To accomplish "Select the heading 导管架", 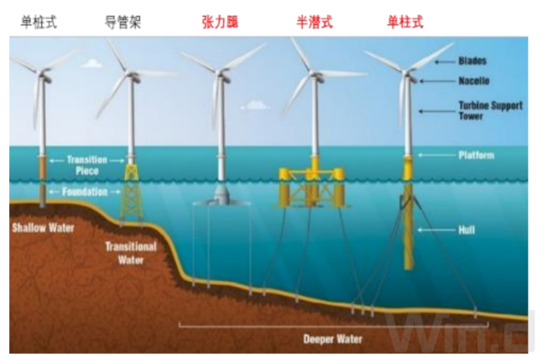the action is tap(123, 22).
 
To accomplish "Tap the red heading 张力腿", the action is tap(220, 22).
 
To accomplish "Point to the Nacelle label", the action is tap(475, 80).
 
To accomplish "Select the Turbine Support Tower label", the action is tap(490, 111).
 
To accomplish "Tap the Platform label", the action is tap(477, 155).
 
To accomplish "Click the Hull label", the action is tap(467, 228).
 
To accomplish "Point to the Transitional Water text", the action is tap(130, 253).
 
